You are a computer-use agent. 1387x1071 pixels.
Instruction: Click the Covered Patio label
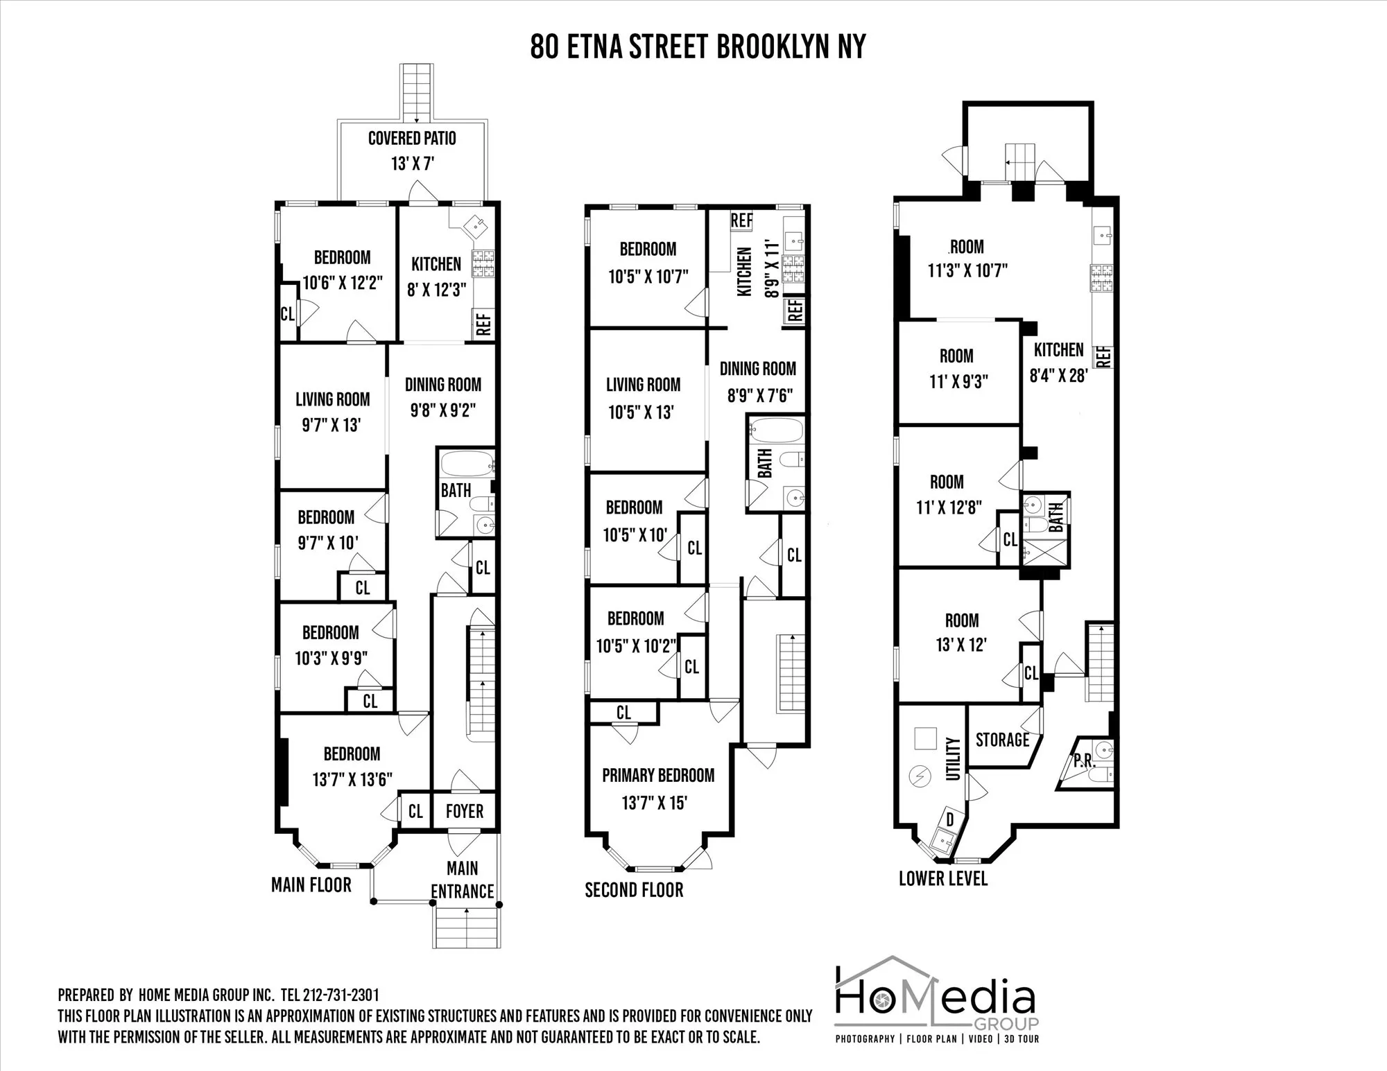point(412,138)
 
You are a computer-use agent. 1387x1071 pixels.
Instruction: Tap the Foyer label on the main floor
point(464,811)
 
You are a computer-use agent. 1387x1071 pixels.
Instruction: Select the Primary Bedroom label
point(657,775)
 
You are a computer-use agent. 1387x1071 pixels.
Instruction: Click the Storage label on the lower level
point(1002,740)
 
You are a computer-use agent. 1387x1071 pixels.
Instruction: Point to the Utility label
point(954,758)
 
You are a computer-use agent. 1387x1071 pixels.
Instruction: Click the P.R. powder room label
point(1083,760)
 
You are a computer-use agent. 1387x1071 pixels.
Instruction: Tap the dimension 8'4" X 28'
point(1058,376)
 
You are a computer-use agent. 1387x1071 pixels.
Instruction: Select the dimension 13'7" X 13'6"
point(352,780)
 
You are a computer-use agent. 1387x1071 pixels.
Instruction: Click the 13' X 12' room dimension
point(961,645)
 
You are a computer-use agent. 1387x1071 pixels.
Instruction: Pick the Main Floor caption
point(311,885)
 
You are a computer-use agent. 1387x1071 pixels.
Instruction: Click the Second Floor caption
point(634,890)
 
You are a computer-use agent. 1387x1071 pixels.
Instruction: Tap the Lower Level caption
point(943,878)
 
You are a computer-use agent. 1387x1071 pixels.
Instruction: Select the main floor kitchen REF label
point(483,323)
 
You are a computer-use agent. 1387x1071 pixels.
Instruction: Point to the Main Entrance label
point(462,880)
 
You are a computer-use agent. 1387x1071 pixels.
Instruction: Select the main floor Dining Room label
point(442,385)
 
